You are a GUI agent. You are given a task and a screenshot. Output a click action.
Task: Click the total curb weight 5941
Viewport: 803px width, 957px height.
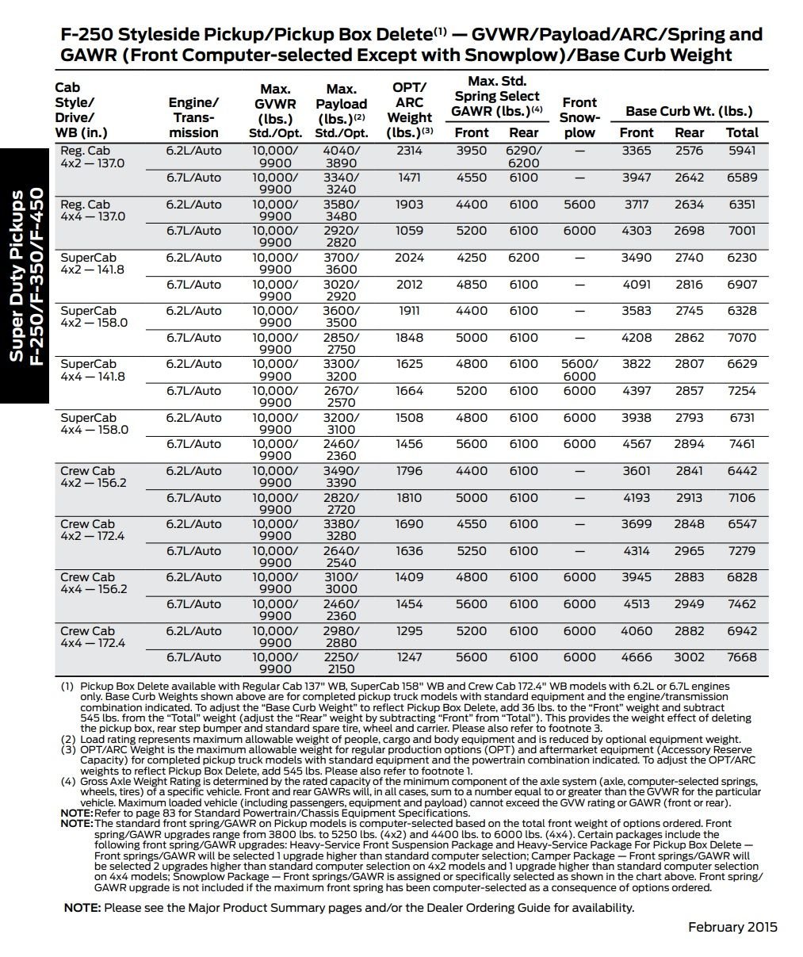pyautogui.click(x=741, y=151)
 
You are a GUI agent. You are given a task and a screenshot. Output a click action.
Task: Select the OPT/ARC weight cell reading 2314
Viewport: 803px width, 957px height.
pyautogui.click(x=410, y=151)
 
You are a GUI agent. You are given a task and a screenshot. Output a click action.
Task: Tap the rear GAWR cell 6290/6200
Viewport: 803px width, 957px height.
pyautogui.click(x=524, y=157)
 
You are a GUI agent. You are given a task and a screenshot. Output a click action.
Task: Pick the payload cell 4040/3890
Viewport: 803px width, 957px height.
pyautogui.click(x=342, y=157)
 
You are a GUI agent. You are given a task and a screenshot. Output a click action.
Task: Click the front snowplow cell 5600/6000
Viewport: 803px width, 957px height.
pyautogui.click(x=579, y=370)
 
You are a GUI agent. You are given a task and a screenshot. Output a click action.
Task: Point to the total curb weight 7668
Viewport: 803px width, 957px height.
pyautogui.click(x=741, y=657)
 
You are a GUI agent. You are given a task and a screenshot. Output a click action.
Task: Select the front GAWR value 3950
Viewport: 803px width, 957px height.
pyautogui.click(x=472, y=151)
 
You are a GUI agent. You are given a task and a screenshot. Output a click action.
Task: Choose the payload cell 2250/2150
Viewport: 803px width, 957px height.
pyautogui.click(x=342, y=664)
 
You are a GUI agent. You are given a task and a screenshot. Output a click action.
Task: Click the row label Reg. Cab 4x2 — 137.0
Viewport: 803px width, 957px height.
pyautogui.click(x=92, y=157)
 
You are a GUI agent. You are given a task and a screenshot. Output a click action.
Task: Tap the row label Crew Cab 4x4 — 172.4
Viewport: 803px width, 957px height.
pyautogui.click(x=92, y=637)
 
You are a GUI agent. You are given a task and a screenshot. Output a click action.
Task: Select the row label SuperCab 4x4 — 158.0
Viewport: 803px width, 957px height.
pyautogui.click(x=94, y=423)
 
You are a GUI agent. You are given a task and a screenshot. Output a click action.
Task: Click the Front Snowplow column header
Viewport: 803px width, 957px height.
pyautogui.click(x=579, y=117)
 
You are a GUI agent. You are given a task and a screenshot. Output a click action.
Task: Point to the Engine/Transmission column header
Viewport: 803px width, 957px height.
pyautogui.click(x=193, y=117)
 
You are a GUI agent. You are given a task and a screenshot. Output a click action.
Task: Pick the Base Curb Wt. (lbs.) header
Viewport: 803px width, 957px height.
pyautogui.click(x=689, y=111)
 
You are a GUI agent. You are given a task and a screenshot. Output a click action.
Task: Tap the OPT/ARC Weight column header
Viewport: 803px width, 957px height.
pyautogui.click(x=410, y=110)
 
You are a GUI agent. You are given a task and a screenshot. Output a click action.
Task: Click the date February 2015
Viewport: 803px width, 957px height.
pyautogui.click(x=732, y=927)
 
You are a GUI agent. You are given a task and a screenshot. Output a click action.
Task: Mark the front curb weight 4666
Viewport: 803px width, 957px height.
pyautogui.click(x=637, y=657)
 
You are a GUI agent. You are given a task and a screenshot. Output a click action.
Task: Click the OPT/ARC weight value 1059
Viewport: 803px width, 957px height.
pyautogui.click(x=410, y=231)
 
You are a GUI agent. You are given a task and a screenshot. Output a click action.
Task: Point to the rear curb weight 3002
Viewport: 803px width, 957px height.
pyautogui.click(x=689, y=657)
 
